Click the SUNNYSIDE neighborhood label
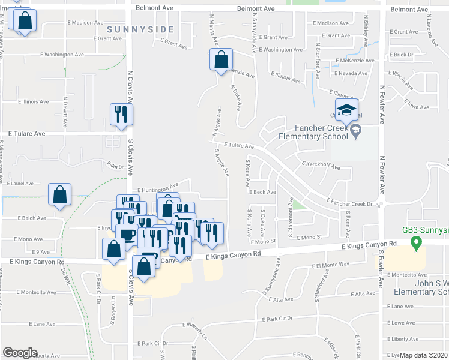(140, 29)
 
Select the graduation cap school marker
(346, 111)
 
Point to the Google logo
(19, 353)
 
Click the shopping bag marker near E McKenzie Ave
(221, 60)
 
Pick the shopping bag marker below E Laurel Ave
(60, 196)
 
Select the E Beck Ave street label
(262, 192)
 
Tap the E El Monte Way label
(330, 264)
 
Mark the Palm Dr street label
(115, 166)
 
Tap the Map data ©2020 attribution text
(423, 355)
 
